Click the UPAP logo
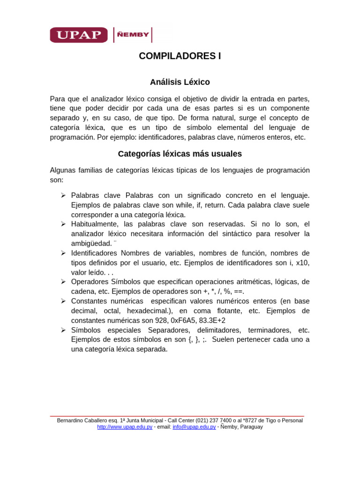[x=79, y=35]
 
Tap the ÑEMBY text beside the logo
[x=134, y=35]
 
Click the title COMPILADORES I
[x=180, y=56]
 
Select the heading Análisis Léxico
[x=180, y=82]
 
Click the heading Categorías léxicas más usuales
[x=180, y=154]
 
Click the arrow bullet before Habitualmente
[x=63, y=224]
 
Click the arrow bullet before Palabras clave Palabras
[x=63, y=195]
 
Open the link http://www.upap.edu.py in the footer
[x=125, y=427]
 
